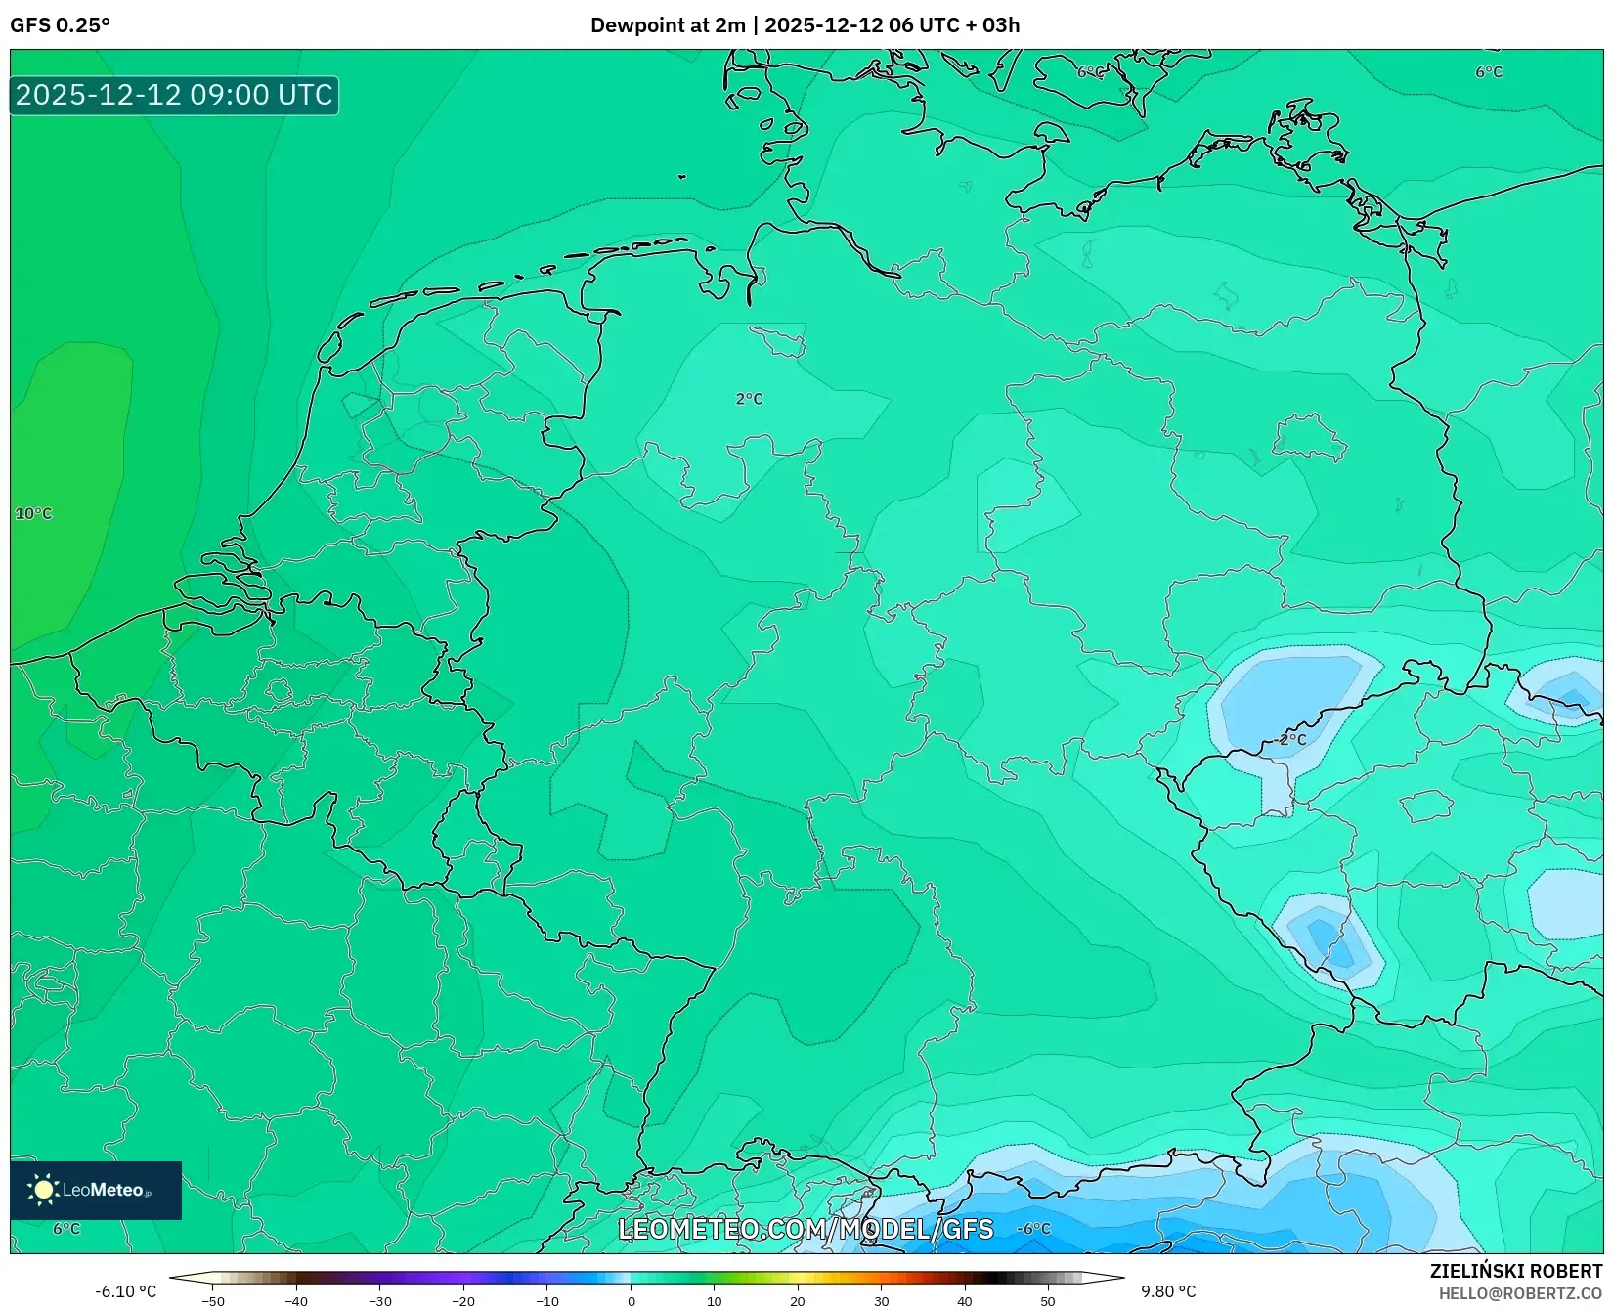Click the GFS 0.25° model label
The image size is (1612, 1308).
(x=60, y=25)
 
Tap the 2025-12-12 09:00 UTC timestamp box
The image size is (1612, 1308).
(x=174, y=95)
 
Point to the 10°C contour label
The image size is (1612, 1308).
(x=33, y=514)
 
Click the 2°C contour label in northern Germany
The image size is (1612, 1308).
(x=749, y=399)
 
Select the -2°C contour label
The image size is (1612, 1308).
(x=1291, y=739)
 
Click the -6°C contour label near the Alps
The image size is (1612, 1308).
(x=1033, y=1229)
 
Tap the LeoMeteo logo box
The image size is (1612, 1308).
(x=96, y=1190)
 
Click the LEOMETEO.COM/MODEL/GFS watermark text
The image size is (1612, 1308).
(x=806, y=1230)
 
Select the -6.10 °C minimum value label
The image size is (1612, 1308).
(x=125, y=1291)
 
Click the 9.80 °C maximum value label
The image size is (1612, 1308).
(x=1168, y=1291)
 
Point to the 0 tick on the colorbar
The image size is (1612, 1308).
(x=631, y=1301)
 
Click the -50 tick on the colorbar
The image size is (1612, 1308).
(x=213, y=1301)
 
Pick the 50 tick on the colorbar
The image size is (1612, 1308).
(x=1048, y=1301)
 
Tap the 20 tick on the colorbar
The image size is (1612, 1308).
(x=798, y=1301)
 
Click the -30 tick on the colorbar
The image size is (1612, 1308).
(x=380, y=1301)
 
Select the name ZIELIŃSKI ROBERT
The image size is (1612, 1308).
(x=1516, y=1271)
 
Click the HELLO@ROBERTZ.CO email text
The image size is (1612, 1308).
(x=1520, y=1293)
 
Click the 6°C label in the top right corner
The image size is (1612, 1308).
(x=1489, y=72)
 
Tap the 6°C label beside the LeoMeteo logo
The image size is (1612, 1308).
(x=66, y=1229)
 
